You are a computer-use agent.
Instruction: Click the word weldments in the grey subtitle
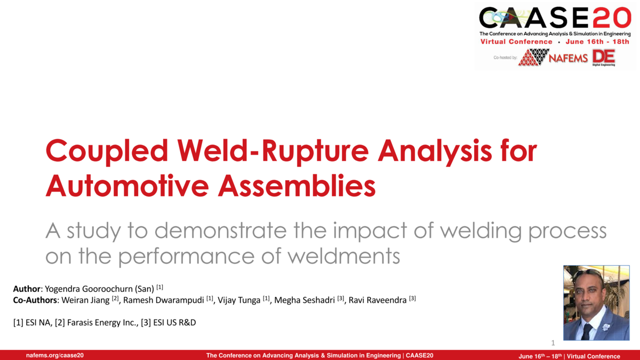[x=343, y=256]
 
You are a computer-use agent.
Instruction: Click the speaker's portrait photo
[x=596, y=302]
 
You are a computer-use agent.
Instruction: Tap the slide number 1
[x=553, y=343]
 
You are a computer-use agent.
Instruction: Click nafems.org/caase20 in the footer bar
[x=55, y=355]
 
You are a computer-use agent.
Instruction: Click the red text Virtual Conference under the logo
[x=516, y=42]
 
